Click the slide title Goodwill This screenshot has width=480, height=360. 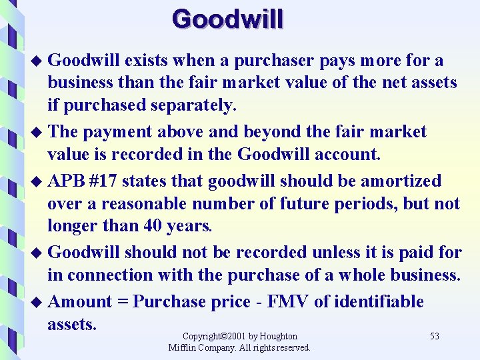[227, 19]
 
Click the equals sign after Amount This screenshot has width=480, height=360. [123, 301]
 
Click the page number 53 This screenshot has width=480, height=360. [434, 337]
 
